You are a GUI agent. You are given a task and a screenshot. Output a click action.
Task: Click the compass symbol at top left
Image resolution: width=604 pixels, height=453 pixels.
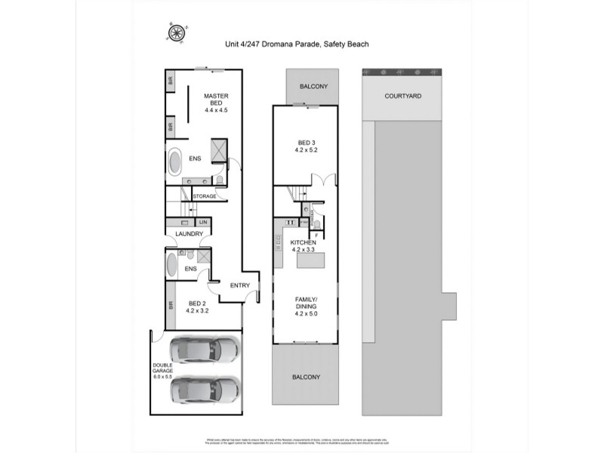pos(177,32)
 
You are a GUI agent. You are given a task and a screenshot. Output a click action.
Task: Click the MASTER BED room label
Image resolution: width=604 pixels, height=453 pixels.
pos(216,96)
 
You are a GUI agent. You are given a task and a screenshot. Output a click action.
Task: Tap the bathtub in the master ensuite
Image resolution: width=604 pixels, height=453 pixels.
pos(174,162)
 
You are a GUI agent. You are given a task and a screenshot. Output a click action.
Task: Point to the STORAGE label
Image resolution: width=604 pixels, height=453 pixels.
pos(205,196)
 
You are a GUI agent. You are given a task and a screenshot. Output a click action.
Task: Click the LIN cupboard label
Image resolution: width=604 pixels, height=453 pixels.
pos(203,223)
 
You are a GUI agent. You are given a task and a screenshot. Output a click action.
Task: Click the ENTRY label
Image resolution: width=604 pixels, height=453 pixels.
pos(239,285)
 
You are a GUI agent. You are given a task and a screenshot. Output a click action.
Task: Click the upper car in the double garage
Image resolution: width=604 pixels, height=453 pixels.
pos(204,350)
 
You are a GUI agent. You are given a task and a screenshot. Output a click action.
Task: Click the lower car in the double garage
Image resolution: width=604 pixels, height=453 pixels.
pos(204,390)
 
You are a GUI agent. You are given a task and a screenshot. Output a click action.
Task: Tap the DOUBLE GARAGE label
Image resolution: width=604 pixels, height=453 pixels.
pos(163,370)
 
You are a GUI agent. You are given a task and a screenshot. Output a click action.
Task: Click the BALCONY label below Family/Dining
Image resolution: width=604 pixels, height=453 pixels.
pos(305,377)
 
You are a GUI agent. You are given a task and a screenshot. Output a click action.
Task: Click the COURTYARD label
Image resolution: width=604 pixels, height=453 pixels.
pos(402,97)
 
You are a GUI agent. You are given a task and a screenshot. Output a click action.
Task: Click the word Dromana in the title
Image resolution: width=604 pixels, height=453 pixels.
pos(274,45)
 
